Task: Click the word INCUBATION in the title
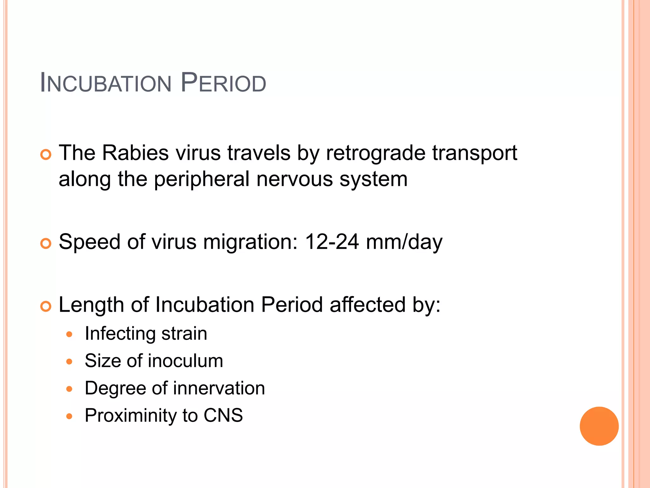tap(106, 83)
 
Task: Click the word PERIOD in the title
tap(223, 83)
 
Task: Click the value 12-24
tap(332, 242)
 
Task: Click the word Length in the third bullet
tap(91, 305)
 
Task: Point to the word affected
tap(368, 305)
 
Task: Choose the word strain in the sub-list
tap(184, 334)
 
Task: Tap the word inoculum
tap(185, 361)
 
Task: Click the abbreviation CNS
tap(223, 416)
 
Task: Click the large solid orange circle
tap(599, 426)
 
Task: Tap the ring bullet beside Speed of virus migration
tap(46, 244)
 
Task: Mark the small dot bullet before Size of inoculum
tap(70, 362)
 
